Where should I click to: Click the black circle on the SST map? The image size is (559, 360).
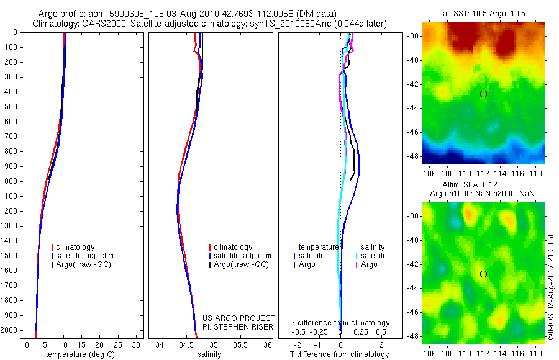coord(483,94)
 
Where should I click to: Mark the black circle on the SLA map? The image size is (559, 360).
coord(483,274)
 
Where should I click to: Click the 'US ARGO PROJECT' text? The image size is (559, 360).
coord(239,318)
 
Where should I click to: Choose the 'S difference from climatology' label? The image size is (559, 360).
coord(340,323)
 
